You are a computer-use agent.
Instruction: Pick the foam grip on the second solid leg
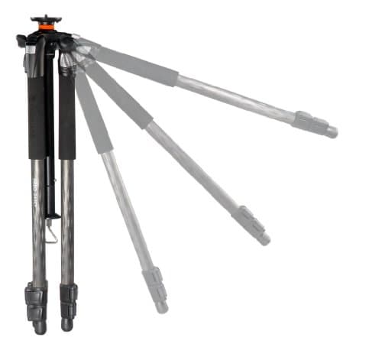[x=67, y=115]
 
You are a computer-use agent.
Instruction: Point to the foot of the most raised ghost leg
[x=331, y=131]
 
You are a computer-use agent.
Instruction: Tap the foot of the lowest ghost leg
[x=160, y=306]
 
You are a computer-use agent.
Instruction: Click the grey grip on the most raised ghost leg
[x=138, y=66]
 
